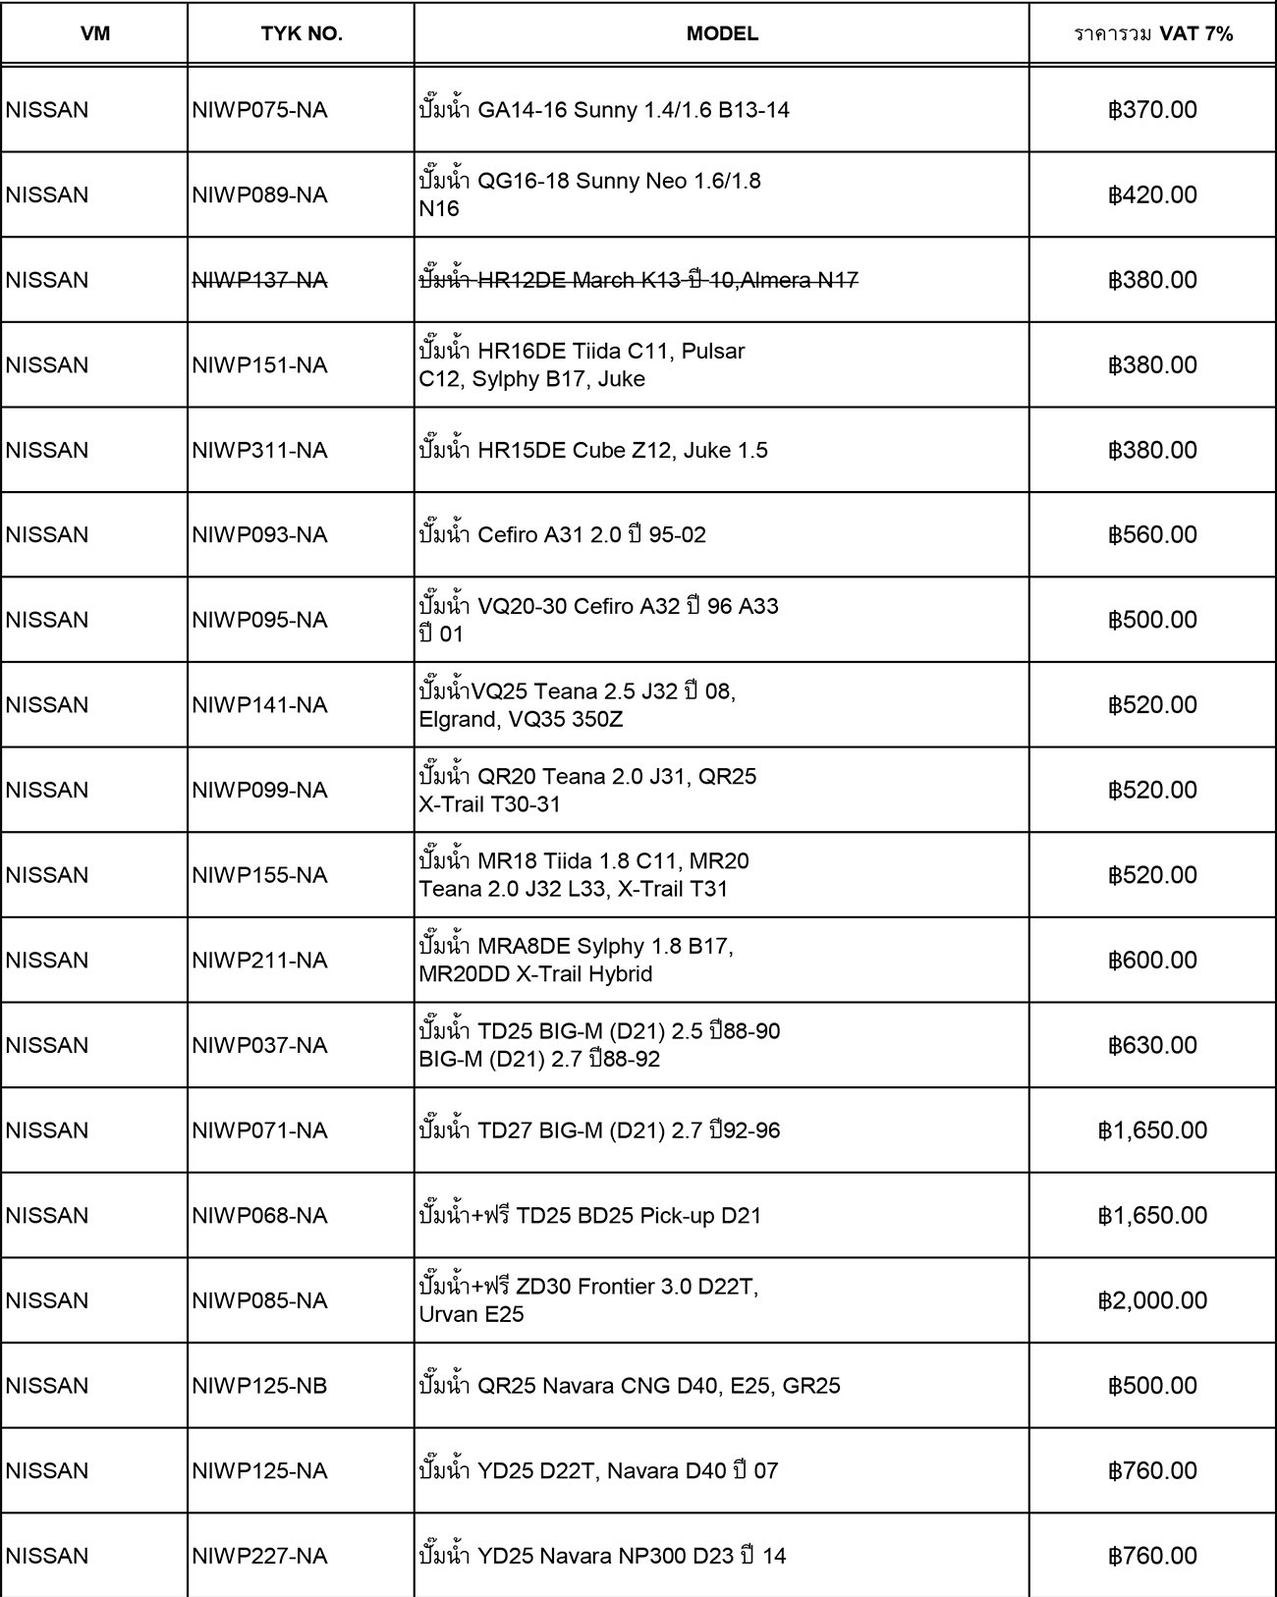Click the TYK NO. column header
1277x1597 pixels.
tap(302, 33)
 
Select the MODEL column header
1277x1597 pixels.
tap(722, 33)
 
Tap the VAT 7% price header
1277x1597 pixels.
tap(1153, 33)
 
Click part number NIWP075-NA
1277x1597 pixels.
tap(260, 110)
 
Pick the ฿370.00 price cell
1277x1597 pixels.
tap(1153, 110)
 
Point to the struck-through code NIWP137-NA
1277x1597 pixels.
tap(260, 280)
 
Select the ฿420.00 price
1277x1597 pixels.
tap(1153, 194)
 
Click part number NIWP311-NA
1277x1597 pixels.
tap(260, 450)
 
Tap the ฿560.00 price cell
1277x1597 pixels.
tap(1153, 535)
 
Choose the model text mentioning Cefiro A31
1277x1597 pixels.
tap(563, 535)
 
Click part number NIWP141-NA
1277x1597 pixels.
tap(260, 705)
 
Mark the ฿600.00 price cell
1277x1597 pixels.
tap(1153, 961)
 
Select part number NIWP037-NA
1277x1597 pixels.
tap(260, 1045)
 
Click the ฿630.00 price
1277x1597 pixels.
tap(1153, 1045)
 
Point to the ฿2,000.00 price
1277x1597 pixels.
tap(1153, 1300)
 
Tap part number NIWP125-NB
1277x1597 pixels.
tap(260, 1386)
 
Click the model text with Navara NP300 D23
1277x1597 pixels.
tap(602, 1556)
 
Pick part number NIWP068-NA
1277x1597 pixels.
tap(260, 1216)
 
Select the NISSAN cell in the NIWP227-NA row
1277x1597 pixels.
tap(47, 1556)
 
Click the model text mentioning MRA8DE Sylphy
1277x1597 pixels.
tap(577, 961)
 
